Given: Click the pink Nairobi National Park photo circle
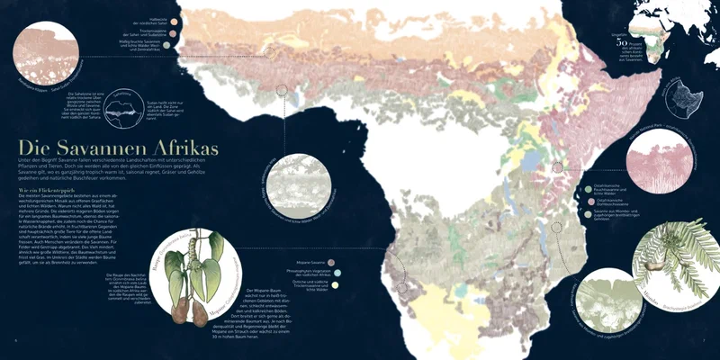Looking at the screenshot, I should coord(665,166).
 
